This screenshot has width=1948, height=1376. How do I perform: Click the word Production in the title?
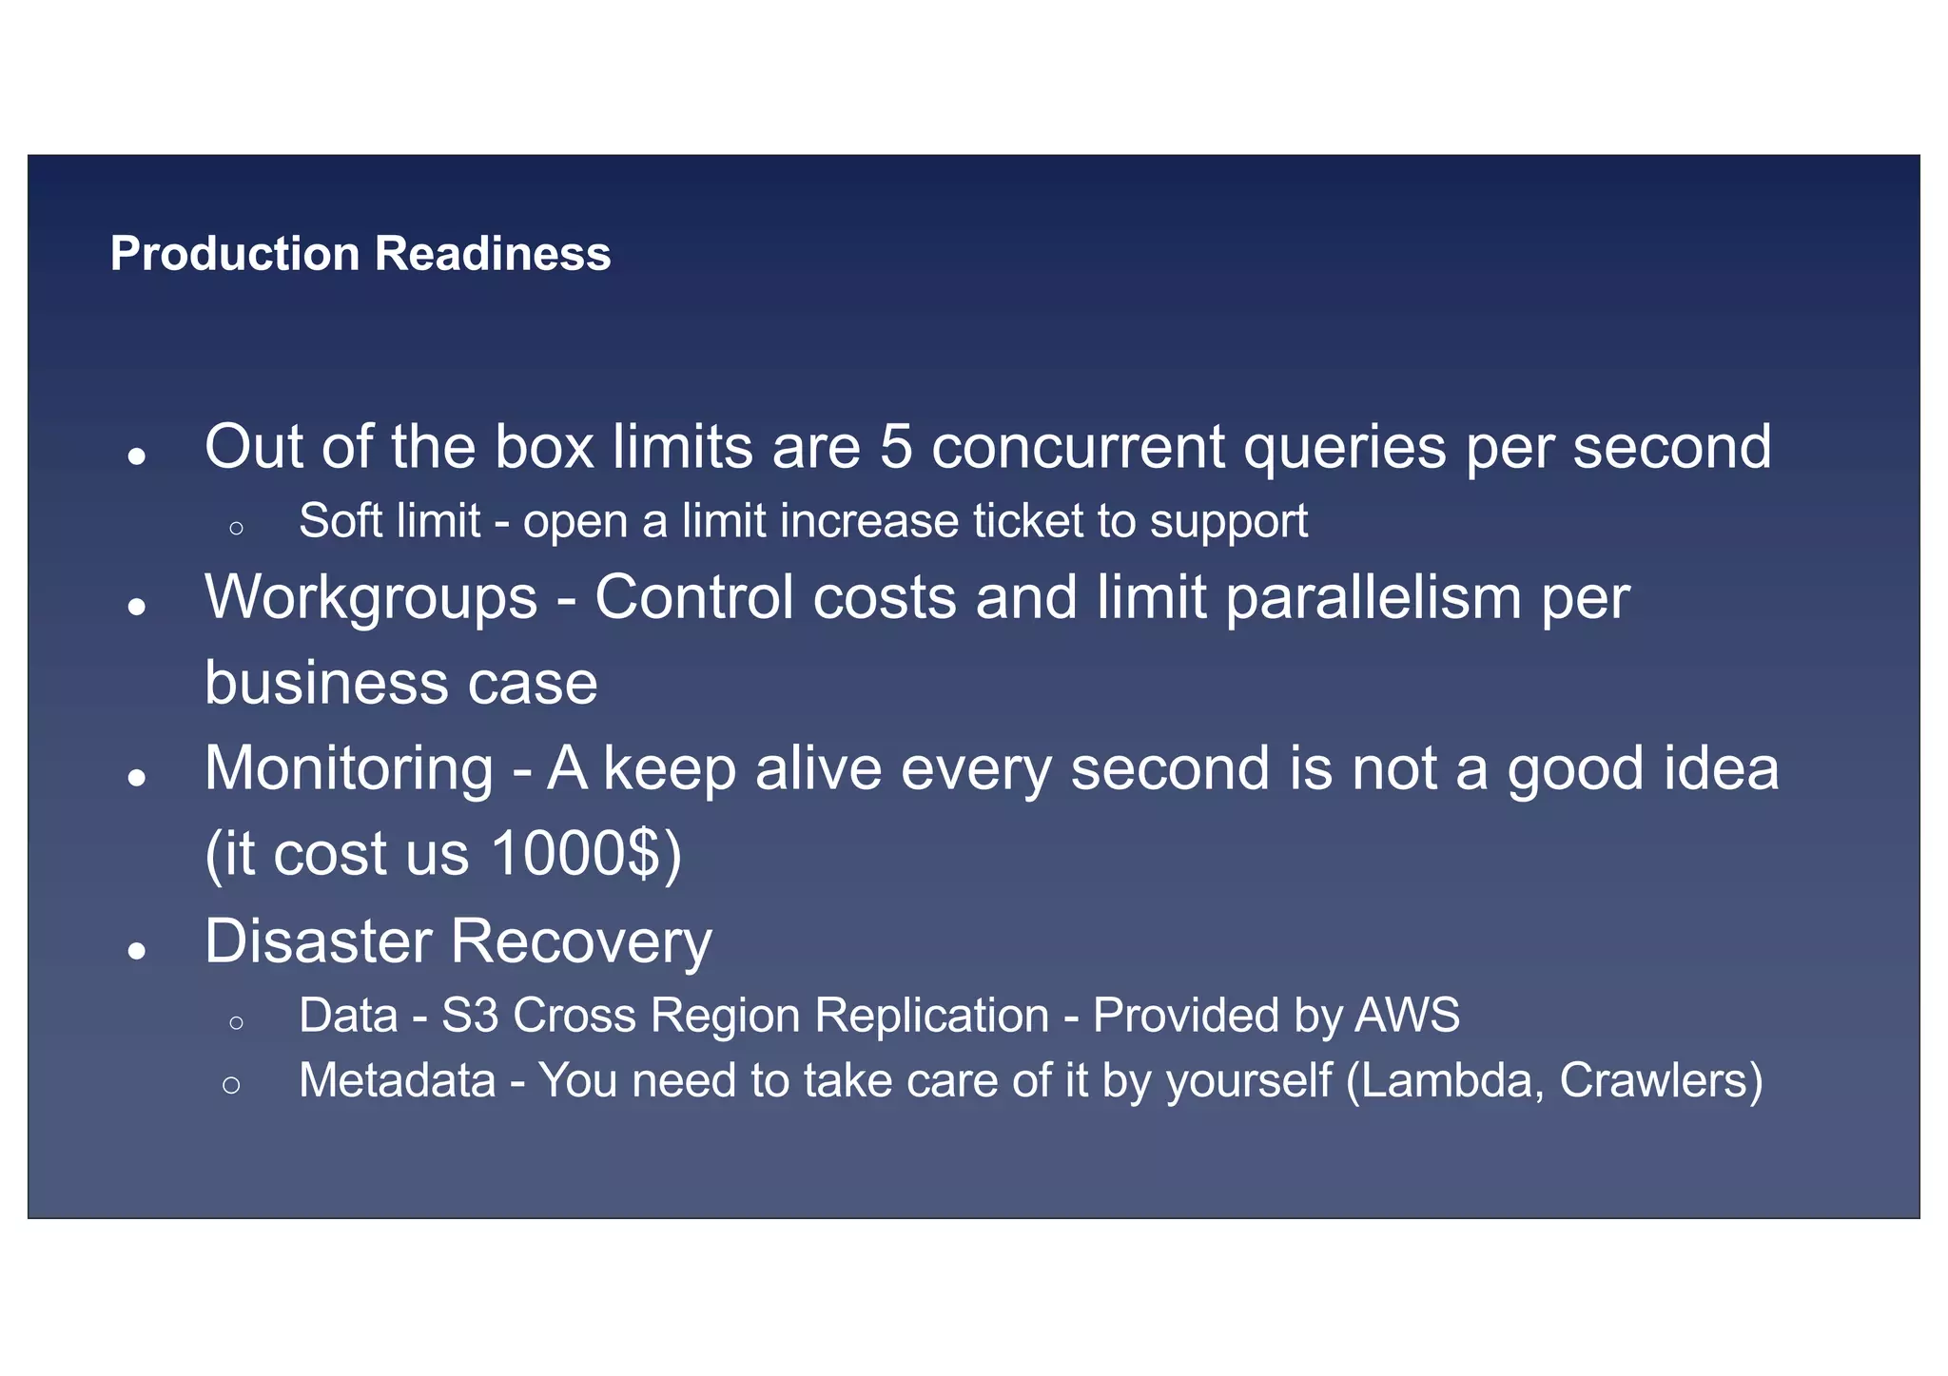(x=235, y=254)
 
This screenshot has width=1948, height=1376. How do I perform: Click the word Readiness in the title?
(x=493, y=254)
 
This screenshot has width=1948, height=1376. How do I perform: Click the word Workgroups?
(x=371, y=599)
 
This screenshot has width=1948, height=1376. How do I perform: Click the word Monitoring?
(x=349, y=768)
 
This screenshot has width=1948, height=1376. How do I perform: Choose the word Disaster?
(x=318, y=941)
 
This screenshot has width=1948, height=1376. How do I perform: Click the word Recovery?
(x=581, y=941)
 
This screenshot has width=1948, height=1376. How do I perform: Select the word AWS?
(x=1407, y=1015)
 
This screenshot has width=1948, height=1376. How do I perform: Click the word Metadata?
(x=398, y=1080)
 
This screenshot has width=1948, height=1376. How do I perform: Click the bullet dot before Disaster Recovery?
(x=138, y=950)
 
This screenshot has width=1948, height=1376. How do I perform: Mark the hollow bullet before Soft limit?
(x=237, y=528)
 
